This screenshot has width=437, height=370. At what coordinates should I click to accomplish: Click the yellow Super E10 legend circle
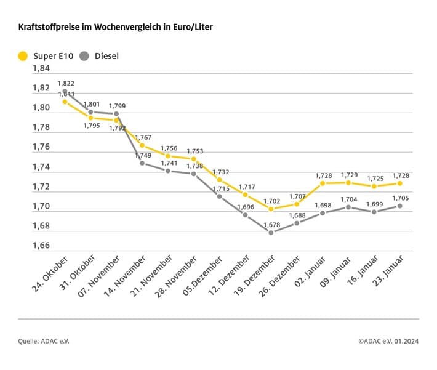click(23, 56)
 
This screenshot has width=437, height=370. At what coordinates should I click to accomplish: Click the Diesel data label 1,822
click(66, 83)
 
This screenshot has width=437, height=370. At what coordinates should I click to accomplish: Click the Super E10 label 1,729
click(349, 175)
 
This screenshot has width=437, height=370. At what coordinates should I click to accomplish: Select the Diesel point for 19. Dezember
click(271, 232)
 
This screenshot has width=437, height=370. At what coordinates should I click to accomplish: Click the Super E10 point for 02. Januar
click(323, 183)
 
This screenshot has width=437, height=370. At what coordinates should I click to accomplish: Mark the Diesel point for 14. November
click(142, 163)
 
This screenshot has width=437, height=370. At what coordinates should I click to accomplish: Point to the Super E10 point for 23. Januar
click(400, 183)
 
